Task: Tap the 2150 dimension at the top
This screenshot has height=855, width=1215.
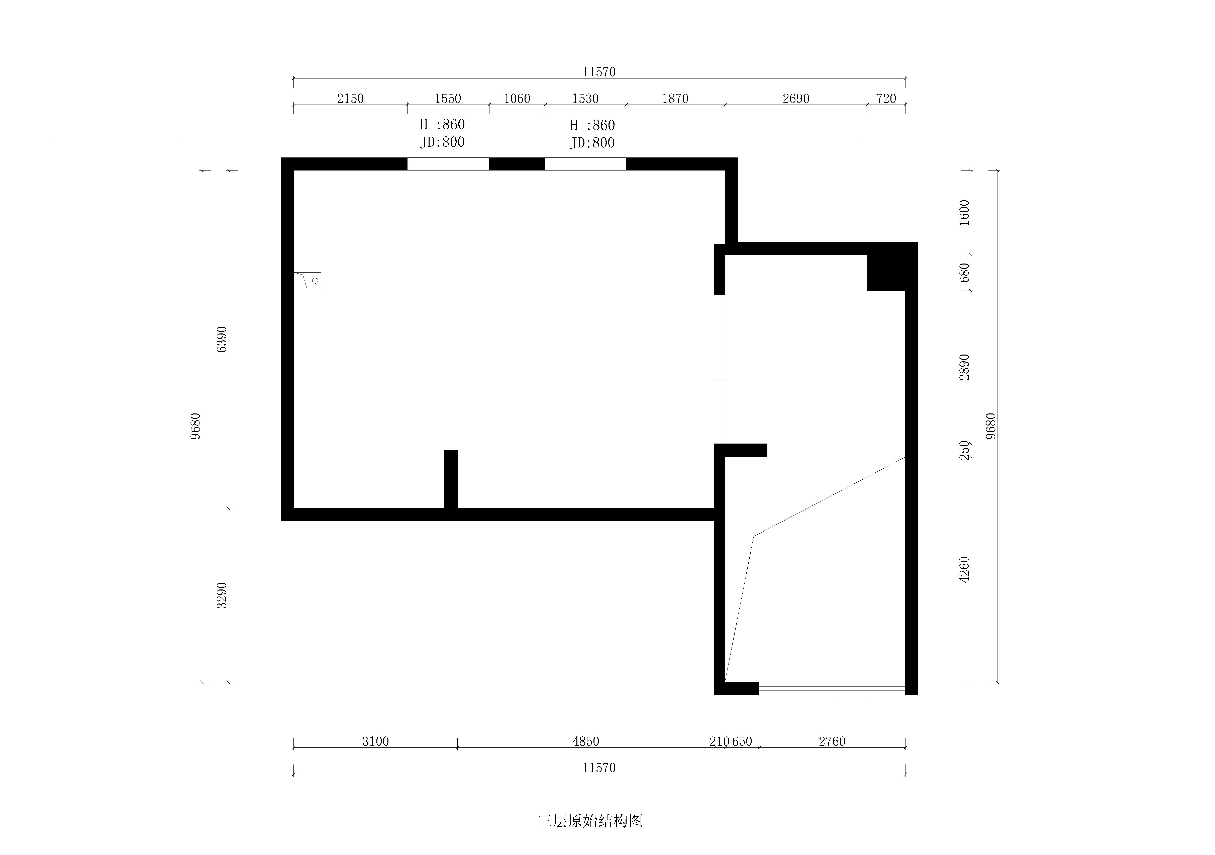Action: (x=350, y=99)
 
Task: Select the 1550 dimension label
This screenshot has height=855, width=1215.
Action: (x=448, y=99)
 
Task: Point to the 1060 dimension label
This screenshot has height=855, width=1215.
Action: (x=517, y=99)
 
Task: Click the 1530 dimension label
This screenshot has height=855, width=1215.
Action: (x=585, y=99)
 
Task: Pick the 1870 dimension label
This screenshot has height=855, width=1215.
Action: (x=675, y=99)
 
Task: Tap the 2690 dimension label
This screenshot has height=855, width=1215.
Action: (x=796, y=99)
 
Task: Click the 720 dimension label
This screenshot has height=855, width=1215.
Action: (x=886, y=99)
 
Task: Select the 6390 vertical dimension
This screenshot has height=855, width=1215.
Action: (x=222, y=339)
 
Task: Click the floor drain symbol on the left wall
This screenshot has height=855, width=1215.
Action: (x=308, y=280)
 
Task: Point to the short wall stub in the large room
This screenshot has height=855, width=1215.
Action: (x=451, y=479)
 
